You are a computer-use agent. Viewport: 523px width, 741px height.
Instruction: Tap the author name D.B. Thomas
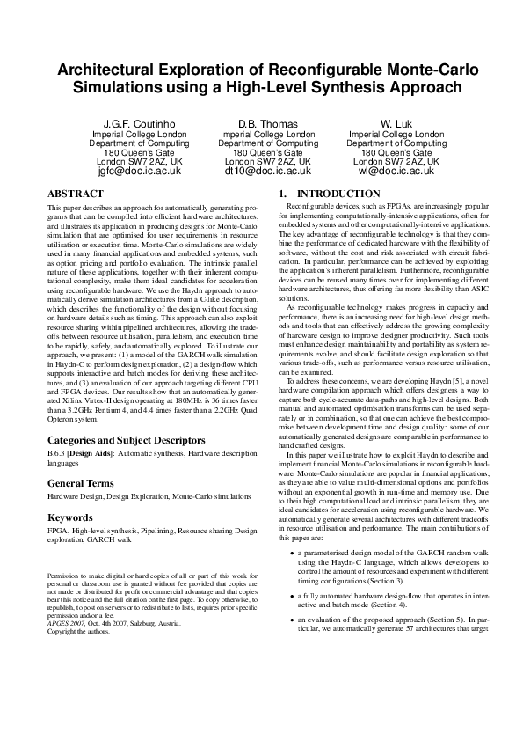pos(267,123)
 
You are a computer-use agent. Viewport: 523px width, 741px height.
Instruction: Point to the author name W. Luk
pos(396,123)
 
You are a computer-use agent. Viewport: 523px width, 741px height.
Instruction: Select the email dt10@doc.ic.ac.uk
pos(267,172)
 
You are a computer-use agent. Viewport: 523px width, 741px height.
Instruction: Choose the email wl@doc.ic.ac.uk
pos(396,172)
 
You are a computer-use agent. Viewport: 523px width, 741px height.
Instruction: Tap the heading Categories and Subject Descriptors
pos(127,439)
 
